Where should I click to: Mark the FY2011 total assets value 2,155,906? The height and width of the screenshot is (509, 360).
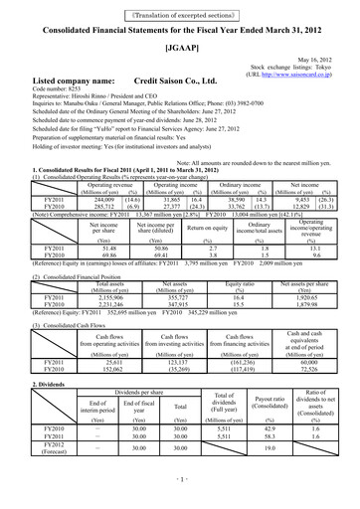coord(99,269)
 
